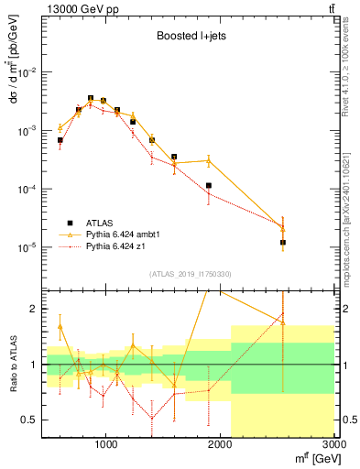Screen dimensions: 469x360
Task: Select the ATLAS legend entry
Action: (101, 223)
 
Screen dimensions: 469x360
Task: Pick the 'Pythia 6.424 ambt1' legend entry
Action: (124, 234)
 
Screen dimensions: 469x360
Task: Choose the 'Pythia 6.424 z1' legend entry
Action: (118, 246)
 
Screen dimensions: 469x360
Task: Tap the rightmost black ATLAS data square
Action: (283, 243)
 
